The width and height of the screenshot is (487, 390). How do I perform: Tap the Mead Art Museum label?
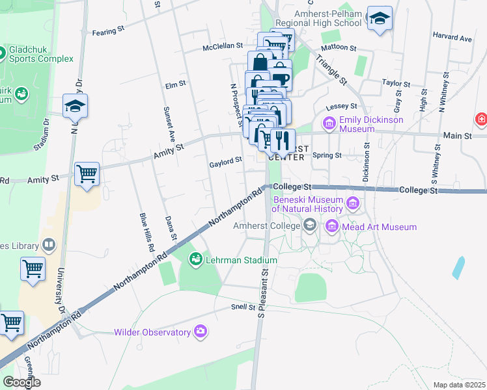[380, 227]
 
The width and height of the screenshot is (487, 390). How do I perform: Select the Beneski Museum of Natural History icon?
[354, 204]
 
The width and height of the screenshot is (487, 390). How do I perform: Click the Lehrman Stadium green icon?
[195, 260]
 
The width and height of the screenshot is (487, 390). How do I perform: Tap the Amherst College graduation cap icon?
[311, 226]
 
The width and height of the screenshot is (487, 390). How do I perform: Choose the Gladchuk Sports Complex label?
[40, 54]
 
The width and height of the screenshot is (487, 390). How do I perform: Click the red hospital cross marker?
[480, 120]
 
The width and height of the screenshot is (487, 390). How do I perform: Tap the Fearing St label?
[108, 31]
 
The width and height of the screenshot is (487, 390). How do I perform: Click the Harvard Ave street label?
[456, 38]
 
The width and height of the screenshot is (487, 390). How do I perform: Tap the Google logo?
[21, 382]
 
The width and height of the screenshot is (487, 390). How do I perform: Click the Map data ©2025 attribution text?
[459, 385]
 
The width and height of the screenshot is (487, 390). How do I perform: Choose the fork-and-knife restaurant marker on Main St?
[283, 139]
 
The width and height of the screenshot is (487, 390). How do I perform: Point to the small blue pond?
[458, 267]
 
